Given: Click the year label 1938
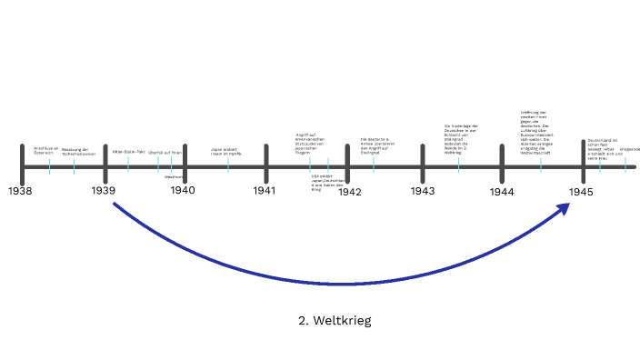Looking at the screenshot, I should (20, 191).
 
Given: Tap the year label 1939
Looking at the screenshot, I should (103, 191).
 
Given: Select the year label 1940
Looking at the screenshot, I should (183, 191).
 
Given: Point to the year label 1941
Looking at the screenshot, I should (265, 191).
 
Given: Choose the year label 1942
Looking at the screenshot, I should (349, 191).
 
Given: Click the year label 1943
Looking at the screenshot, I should (422, 191).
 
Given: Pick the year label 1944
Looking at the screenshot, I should (501, 192).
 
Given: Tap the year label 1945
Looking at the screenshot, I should (582, 191).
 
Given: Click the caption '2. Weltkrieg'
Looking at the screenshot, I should (335, 320).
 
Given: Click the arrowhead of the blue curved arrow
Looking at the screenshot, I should (565, 209).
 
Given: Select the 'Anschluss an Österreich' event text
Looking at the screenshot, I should (45, 150).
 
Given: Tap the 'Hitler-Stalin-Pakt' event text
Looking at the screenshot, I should (128, 151).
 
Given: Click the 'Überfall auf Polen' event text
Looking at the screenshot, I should (165, 152).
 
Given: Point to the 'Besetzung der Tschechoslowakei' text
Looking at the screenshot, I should (75, 151).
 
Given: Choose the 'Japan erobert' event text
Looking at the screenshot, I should (226, 151).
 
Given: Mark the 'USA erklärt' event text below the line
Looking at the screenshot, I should (328, 182).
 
